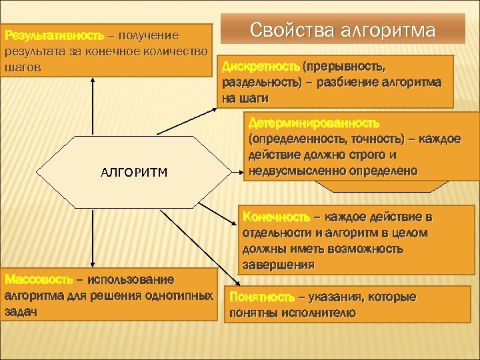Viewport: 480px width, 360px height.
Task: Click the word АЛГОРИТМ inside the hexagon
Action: [x=133, y=173]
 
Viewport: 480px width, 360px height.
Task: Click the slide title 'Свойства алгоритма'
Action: [x=343, y=31]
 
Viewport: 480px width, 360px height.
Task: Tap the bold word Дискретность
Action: [x=261, y=67]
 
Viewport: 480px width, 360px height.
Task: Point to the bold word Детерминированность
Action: [x=313, y=124]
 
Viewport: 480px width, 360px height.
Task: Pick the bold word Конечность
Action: [x=276, y=217]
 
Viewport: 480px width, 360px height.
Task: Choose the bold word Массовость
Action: [x=41, y=279]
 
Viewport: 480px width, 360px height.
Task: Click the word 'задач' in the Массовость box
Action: [x=21, y=311]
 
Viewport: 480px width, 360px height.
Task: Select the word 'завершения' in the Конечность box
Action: [x=279, y=265]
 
